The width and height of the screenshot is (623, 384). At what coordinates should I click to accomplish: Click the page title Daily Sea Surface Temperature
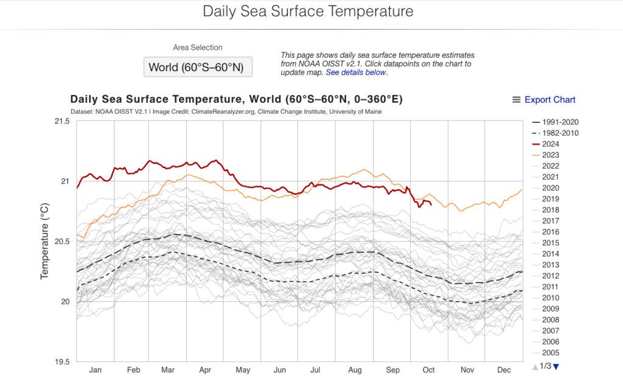pos(308,12)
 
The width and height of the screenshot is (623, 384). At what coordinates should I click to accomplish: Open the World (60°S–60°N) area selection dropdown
pos(198,67)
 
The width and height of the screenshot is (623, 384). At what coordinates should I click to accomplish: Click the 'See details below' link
pos(356,72)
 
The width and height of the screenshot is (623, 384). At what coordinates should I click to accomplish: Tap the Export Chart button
pos(544,100)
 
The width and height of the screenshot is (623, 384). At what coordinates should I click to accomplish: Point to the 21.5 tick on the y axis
pos(63,121)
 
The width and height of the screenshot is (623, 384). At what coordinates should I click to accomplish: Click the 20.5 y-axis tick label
pos(63,242)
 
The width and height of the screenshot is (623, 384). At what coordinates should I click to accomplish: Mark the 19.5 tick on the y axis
pos(63,361)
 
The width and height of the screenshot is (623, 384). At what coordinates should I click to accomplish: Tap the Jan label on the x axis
pos(96,370)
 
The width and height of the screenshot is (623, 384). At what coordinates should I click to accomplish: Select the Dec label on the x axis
pos(504,370)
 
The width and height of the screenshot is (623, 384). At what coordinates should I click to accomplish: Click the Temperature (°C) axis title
pos(44,242)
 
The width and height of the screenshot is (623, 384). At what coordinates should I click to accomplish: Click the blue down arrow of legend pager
pos(555,366)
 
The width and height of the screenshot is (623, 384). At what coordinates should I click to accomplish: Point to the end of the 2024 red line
pos(431,204)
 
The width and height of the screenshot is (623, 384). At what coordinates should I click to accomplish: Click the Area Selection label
pos(198,47)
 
